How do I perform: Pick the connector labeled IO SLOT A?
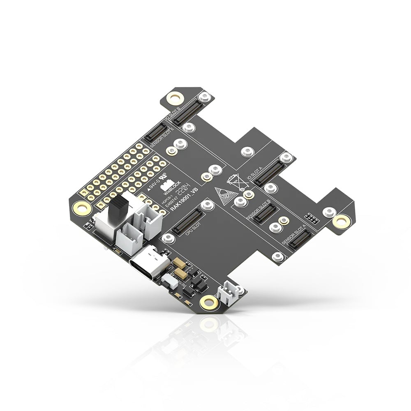pyautogui.click(x=270, y=172)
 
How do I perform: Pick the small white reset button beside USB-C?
pyautogui.click(x=168, y=280)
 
